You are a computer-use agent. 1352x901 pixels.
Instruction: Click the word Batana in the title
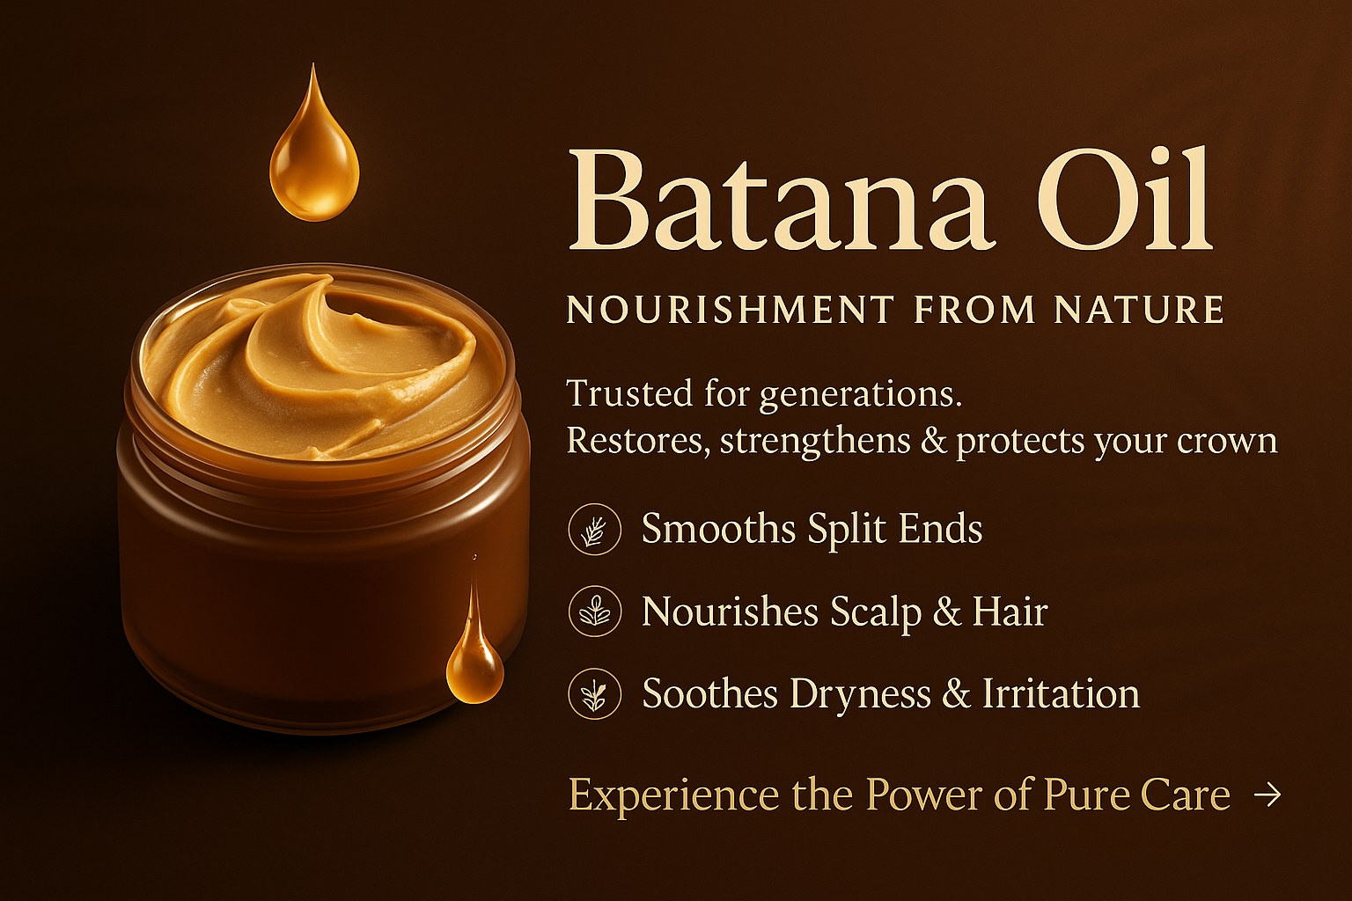click(x=780, y=199)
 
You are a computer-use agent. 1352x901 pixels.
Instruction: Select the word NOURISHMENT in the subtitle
click(x=730, y=310)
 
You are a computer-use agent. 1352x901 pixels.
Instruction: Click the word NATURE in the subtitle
click(x=1139, y=310)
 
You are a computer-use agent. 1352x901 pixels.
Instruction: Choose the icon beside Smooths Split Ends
click(x=594, y=530)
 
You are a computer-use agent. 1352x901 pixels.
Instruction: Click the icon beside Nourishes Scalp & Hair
click(x=594, y=612)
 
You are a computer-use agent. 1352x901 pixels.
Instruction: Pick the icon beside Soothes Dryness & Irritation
click(x=594, y=693)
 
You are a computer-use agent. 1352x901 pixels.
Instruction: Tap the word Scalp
click(x=876, y=612)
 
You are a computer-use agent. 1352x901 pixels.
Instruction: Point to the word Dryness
click(x=859, y=695)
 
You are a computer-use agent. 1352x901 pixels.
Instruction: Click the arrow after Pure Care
click(x=1267, y=795)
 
